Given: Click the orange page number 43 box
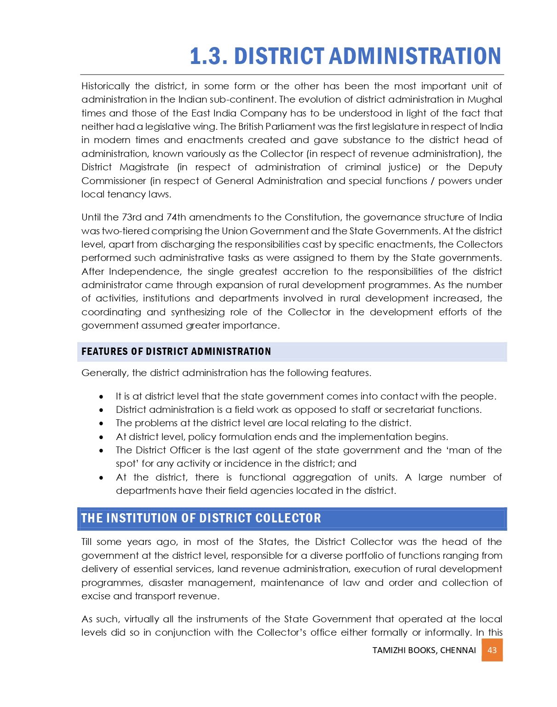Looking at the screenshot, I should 492,650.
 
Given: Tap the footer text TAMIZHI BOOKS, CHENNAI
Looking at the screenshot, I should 424,650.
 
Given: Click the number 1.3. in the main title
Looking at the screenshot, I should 208,56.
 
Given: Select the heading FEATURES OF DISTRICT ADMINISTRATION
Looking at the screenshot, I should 176,352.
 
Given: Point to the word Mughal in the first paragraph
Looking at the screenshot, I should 485,99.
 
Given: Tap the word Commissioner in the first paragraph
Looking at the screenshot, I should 114,181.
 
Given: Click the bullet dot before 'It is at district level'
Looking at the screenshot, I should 101,397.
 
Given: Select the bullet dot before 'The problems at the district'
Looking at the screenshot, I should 101,423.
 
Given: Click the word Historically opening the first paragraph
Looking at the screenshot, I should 105,86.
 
